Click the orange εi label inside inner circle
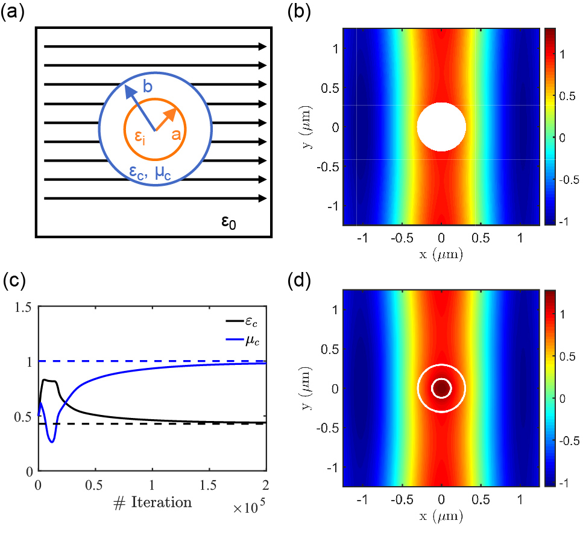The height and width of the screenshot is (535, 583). [x=140, y=139]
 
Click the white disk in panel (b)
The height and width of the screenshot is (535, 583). [x=441, y=127]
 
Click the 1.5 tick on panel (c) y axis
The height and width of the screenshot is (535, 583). [x=24, y=307]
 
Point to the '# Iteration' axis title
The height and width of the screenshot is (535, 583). [x=154, y=502]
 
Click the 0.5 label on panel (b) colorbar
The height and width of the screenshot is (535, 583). [x=566, y=95]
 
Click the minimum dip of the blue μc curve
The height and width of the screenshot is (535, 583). [x=52, y=442]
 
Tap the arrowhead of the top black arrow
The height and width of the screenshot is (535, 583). [x=263, y=46]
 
